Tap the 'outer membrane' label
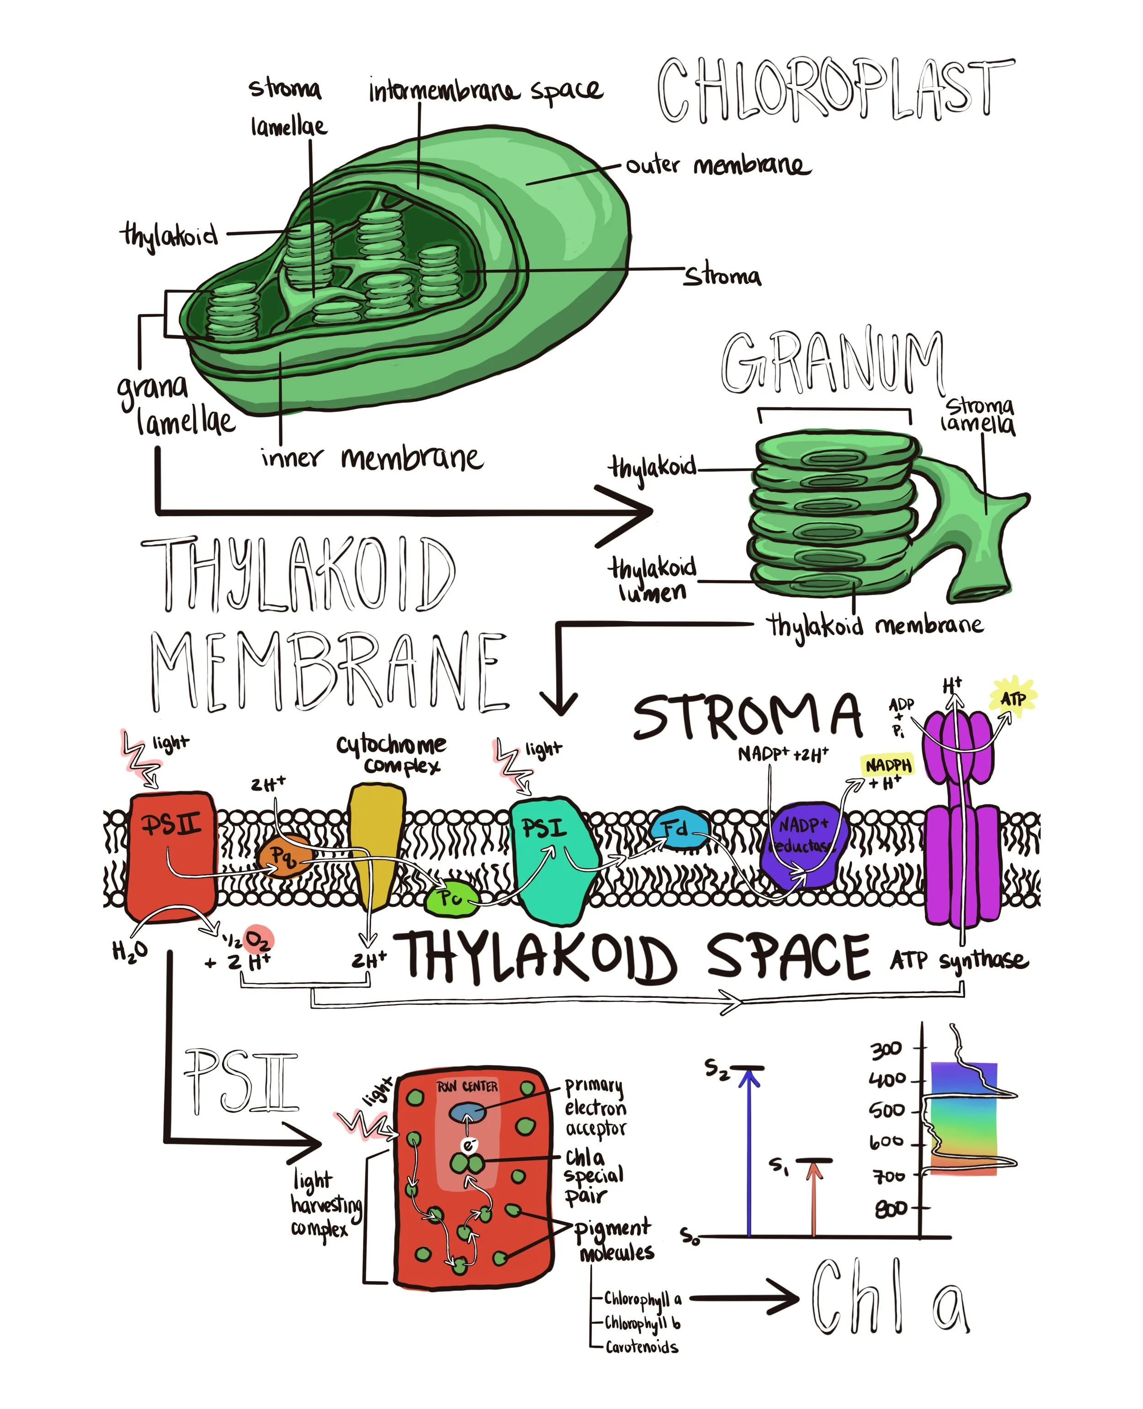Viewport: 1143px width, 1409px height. coord(718,165)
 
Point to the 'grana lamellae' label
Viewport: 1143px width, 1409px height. coord(175,404)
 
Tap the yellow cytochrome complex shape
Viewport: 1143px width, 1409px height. coord(375,836)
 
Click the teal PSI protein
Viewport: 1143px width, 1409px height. coord(553,856)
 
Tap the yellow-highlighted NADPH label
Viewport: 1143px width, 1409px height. coord(887,765)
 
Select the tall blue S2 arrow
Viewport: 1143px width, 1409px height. coord(748,1152)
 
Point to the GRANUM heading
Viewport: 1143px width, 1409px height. coord(833,362)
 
